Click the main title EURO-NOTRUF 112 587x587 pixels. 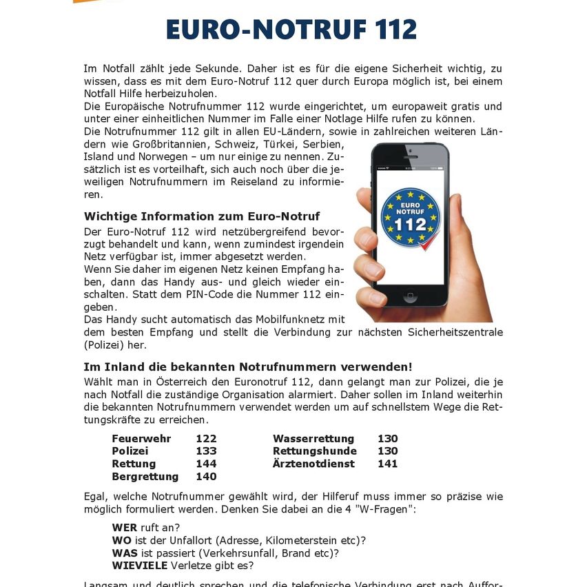pyautogui.click(x=291, y=30)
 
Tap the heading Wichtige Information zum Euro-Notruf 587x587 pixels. pyautogui.click(x=202, y=216)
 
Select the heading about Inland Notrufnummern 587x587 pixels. pyautogui.click(x=248, y=367)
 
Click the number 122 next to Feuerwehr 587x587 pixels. pyautogui.click(x=206, y=439)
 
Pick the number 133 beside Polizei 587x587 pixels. pyautogui.click(x=206, y=451)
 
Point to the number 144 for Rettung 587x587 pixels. pyautogui.click(x=206, y=464)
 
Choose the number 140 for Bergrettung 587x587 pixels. pyautogui.click(x=206, y=476)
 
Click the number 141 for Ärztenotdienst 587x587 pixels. pyautogui.click(x=388, y=464)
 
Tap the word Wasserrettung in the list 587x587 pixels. pyautogui.click(x=313, y=439)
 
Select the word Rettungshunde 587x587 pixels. pyautogui.click(x=316, y=451)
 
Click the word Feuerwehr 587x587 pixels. pyautogui.click(x=141, y=439)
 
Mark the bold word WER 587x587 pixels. pyautogui.click(x=124, y=528)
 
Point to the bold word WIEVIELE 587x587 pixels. pyautogui.click(x=140, y=566)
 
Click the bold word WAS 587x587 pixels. pyautogui.click(x=124, y=553)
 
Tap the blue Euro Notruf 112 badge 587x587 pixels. pyautogui.click(x=411, y=218)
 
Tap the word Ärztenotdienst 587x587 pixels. pyautogui.click(x=313, y=464)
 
